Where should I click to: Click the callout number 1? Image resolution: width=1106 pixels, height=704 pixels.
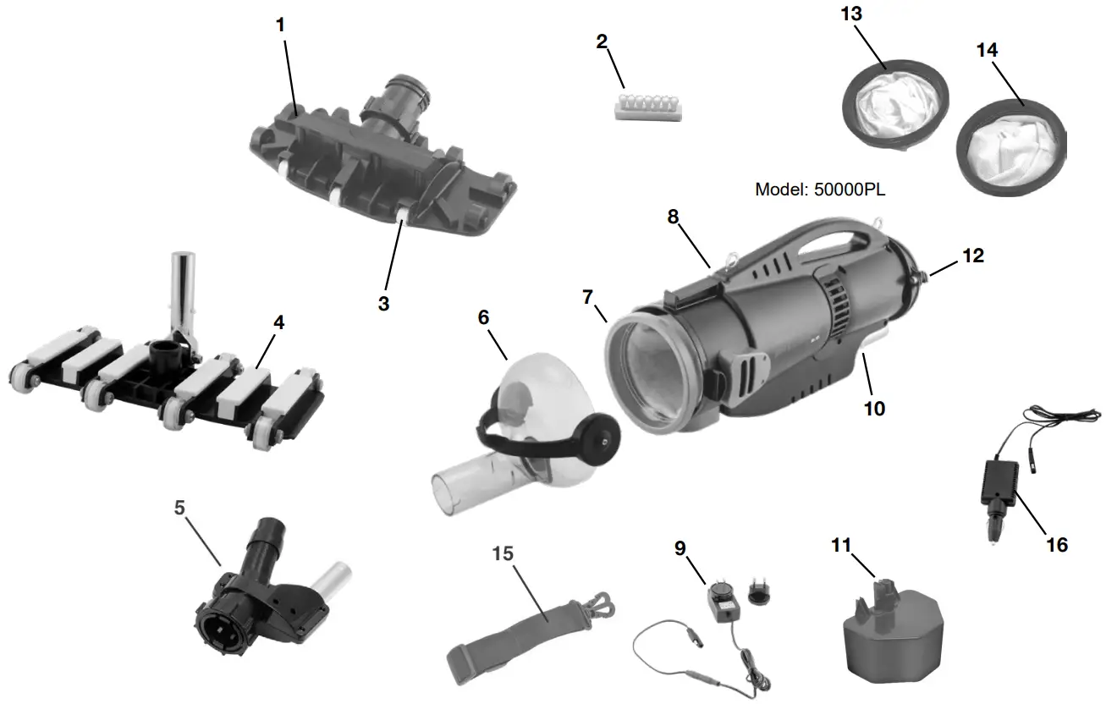(x=280, y=25)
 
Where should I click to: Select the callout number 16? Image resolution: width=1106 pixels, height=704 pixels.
(x=1056, y=544)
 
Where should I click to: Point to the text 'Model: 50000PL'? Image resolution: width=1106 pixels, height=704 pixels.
(x=820, y=190)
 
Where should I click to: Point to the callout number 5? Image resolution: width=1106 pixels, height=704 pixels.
(x=179, y=508)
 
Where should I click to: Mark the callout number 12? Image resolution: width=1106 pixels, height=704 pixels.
(x=973, y=255)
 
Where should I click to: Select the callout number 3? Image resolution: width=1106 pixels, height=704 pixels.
(x=383, y=303)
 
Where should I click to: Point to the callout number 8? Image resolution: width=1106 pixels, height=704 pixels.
(x=673, y=216)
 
